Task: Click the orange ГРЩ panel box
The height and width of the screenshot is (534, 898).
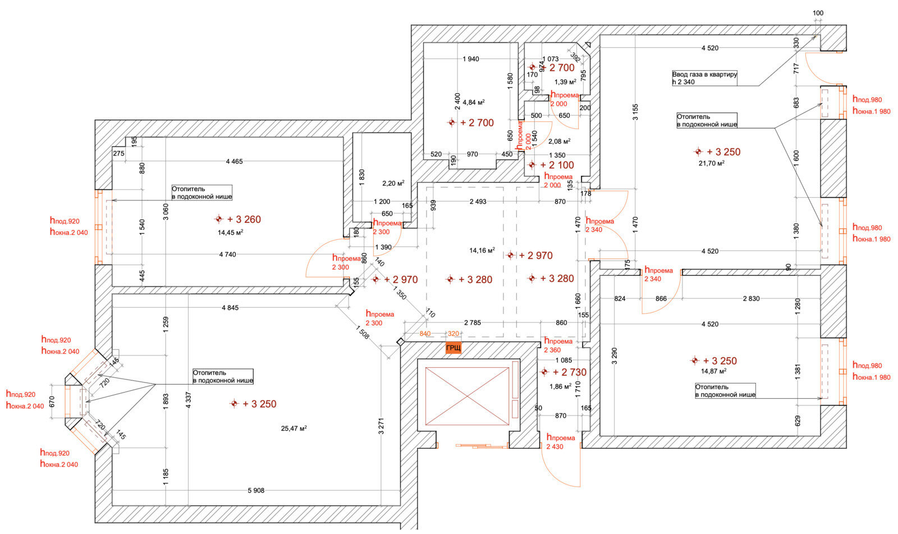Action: pyautogui.click(x=453, y=348)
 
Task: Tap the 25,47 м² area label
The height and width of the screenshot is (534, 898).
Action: pyautogui.click(x=294, y=428)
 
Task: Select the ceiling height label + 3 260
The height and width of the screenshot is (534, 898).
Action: pyautogui.click(x=244, y=220)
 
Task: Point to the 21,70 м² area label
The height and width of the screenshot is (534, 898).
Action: pyautogui.click(x=711, y=163)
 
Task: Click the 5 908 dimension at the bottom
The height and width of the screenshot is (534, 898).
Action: pyautogui.click(x=255, y=490)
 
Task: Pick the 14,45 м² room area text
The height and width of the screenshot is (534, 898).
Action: pyautogui.click(x=230, y=231)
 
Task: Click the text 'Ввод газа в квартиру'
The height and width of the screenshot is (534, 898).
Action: pyautogui.click(x=704, y=74)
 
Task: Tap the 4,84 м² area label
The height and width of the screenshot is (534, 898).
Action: pyautogui.click(x=474, y=102)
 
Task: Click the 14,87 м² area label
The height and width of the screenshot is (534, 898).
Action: pyautogui.click(x=713, y=371)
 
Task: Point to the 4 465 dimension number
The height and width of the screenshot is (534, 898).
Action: pyautogui.click(x=234, y=162)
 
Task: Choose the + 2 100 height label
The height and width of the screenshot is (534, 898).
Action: pyautogui.click(x=557, y=165)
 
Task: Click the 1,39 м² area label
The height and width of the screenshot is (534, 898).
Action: pyautogui.click(x=565, y=82)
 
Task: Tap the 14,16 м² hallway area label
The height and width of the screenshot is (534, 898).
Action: pyautogui.click(x=482, y=250)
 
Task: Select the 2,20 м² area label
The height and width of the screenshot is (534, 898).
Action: pyautogui.click(x=393, y=183)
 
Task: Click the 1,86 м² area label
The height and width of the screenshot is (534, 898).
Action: pyautogui.click(x=560, y=386)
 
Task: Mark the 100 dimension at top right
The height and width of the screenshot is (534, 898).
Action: pyautogui.click(x=818, y=13)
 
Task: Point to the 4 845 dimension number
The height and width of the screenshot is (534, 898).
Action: pyautogui.click(x=230, y=308)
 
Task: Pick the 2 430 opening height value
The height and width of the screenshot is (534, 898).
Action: pyautogui.click(x=555, y=447)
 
